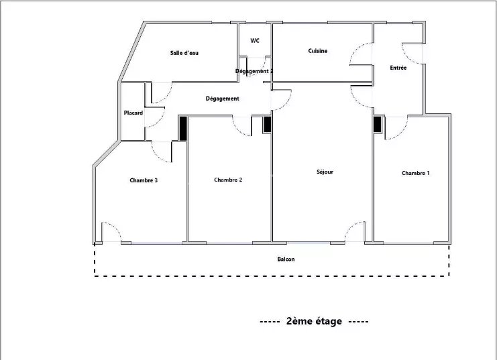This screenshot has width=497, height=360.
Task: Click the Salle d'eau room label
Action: coord(184,53)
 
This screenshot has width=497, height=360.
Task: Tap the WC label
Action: coord(255,41)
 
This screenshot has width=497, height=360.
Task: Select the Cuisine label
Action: coord(318,51)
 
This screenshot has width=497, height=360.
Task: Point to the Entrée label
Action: coord(398,68)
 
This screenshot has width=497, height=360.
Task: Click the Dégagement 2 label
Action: coord(254,71)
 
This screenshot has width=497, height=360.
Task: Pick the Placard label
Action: coord(133,113)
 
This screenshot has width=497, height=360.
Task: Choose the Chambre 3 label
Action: coord(144,180)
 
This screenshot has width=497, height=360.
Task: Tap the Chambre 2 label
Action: coord(228,180)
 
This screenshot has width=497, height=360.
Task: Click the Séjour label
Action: coord(325,172)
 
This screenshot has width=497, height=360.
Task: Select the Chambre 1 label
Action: coord(416,173)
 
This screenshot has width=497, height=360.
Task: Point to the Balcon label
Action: coord(286,259)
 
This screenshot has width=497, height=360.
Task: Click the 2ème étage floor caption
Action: coord(314,321)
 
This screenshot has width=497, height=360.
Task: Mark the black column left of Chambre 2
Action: coord(183,128)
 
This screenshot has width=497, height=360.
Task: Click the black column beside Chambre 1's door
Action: coord(377,124)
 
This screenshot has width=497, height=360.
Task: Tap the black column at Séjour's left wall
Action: coord(268,124)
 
